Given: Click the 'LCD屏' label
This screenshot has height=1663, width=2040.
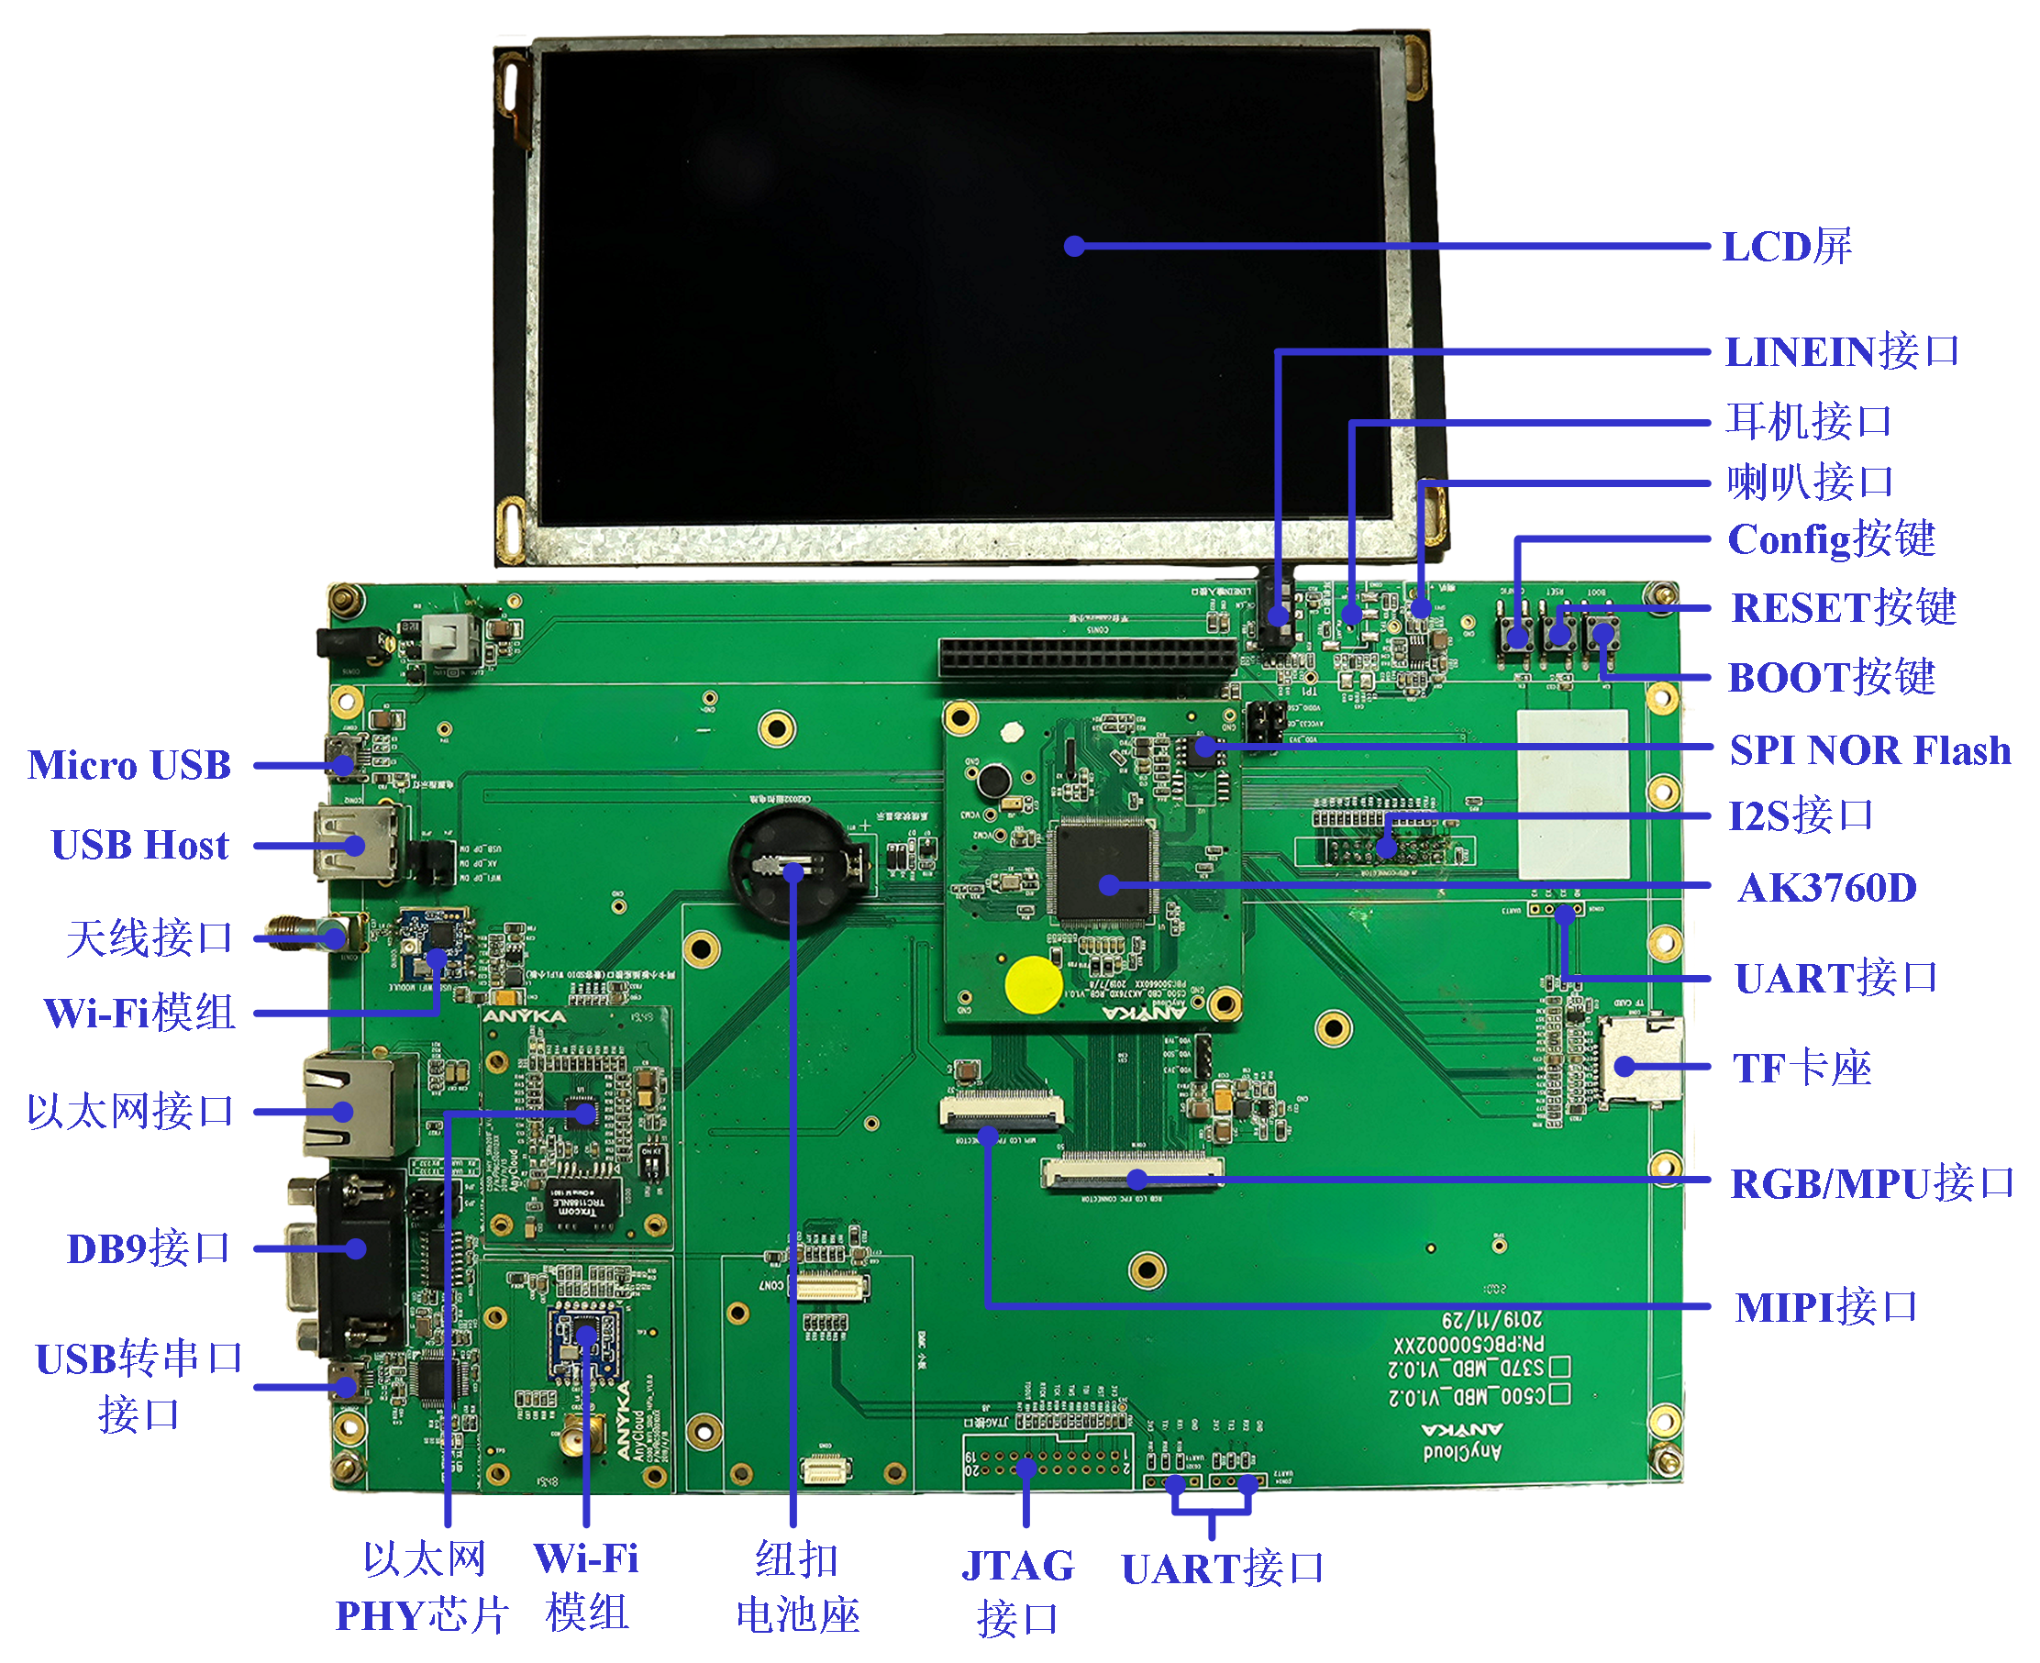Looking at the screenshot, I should [1786, 246].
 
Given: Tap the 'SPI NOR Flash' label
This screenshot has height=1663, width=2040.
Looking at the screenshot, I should [1868, 750].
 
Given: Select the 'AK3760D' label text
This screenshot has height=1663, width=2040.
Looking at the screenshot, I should [1826, 888].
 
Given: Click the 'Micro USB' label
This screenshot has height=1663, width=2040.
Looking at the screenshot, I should [129, 764].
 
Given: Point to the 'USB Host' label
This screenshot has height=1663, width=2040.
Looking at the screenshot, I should [139, 845].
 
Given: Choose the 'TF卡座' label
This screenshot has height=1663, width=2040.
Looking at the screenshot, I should [1801, 1067].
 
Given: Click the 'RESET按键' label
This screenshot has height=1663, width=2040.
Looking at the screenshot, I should [1843, 607].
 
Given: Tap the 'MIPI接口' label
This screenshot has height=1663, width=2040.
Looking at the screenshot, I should [1825, 1306].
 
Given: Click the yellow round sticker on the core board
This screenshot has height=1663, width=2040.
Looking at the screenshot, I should [1033, 983].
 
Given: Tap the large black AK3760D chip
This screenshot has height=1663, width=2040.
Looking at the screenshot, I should [1102, 870].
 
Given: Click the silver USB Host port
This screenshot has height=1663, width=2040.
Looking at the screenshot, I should [354, 843].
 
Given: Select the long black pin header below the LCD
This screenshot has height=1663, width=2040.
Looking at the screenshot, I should [1087, 657].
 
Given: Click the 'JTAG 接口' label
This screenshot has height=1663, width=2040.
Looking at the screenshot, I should [1017, 1591].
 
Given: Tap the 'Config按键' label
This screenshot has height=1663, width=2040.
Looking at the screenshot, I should [1830, 539].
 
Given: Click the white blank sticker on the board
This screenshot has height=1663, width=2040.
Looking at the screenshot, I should [1572, 793].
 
